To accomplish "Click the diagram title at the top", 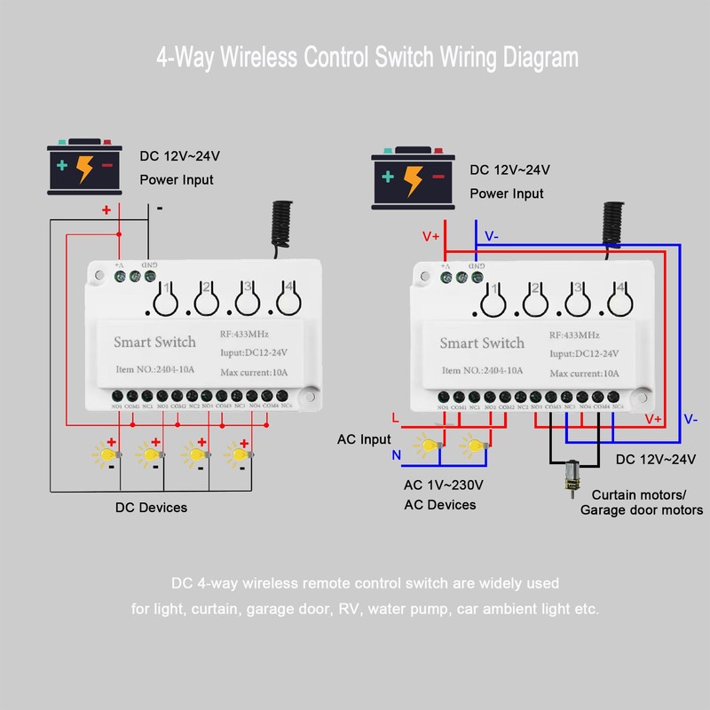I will point(367,58).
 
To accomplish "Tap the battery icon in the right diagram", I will point(414,176).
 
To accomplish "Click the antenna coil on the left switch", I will point(281,225).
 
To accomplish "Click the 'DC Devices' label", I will point(151,508).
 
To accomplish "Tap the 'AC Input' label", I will point(364,439).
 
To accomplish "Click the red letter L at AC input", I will point(395,418).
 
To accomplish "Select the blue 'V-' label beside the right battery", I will point(491,237).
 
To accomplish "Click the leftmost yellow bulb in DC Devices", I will point(106,455).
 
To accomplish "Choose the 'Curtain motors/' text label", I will point(639,494).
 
